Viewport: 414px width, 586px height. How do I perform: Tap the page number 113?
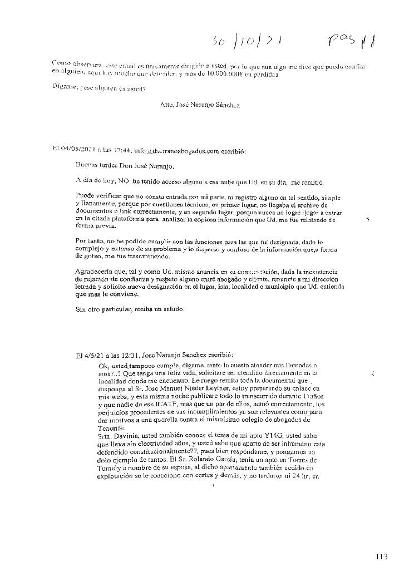click(x=381, y=557)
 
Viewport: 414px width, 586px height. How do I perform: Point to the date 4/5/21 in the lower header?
click(x=88, y=354)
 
